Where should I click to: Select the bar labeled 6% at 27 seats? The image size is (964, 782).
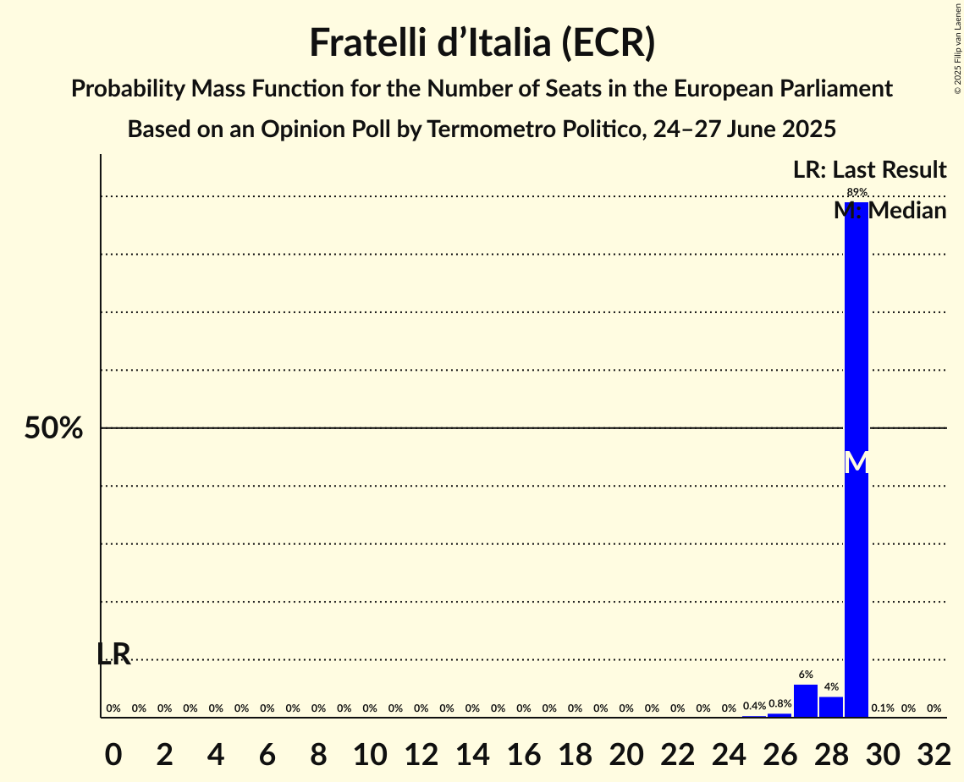click(806, 701)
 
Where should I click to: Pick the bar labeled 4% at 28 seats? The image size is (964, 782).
click(831, 707)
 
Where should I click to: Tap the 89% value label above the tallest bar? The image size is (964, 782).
click(857, 193)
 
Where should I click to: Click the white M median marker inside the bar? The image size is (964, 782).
click(857, 462)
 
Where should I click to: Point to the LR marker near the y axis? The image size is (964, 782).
click(113, 653)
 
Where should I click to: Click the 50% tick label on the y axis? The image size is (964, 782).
click(53, 428)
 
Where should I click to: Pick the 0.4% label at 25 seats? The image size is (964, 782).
click(754, 706)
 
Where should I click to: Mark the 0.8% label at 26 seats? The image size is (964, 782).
click(779, 704)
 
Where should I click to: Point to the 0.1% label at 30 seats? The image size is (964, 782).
click(883, 708)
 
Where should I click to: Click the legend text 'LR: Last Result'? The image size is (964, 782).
click(869, 170)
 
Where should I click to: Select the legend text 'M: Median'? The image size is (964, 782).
click(890, 211)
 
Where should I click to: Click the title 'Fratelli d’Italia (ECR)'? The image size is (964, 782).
click(482, 43)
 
